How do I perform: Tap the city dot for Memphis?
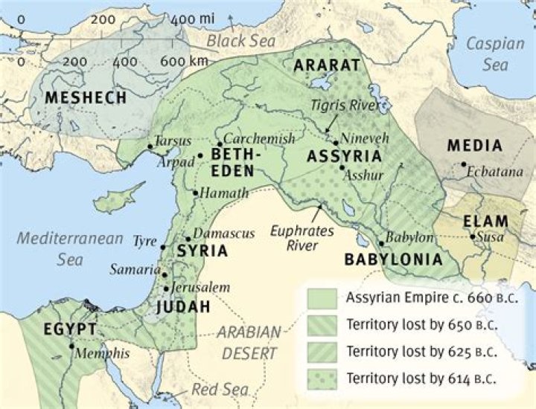pos(72,346)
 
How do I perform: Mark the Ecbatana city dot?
pos(464,164)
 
